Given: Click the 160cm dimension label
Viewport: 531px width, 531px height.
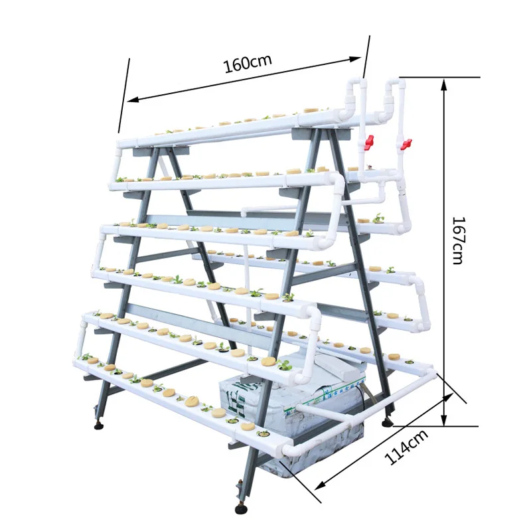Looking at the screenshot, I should (247, 64).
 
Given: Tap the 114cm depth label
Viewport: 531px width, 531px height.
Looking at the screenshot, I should (406, 447).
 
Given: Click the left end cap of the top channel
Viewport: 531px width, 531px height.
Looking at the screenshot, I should (121, 143).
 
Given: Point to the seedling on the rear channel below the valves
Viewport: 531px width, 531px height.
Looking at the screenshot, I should (379, 218).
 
